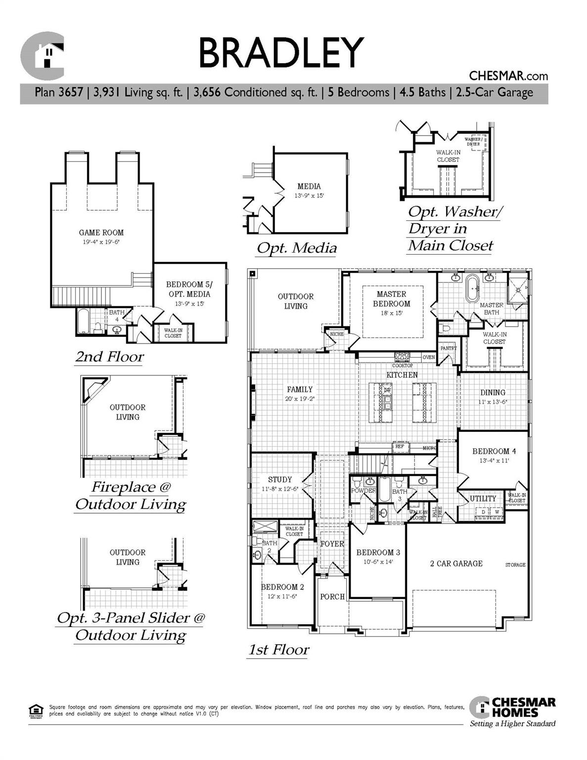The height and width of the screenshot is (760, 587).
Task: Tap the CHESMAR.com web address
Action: click(508, 76)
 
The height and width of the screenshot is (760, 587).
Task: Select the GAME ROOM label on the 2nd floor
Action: click(101, 233)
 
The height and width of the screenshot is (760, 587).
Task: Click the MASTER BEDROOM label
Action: click(391, 299)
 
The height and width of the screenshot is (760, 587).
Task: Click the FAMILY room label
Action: click(300, 389)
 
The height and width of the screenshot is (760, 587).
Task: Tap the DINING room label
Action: click(493, 392)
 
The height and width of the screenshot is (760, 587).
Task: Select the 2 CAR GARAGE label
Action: click(456, 564)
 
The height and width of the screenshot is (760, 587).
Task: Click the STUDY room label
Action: click(280, 479)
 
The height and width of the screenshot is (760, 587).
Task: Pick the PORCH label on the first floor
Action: click(332, 597)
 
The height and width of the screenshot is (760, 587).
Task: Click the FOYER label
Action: click(332, 544)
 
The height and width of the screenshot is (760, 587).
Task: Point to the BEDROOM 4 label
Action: click(494, 451)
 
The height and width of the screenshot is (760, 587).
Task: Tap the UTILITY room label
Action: click(483, 499)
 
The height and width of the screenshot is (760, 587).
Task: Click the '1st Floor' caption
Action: click(278, 650)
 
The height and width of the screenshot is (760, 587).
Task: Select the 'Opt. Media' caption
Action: click(297, 248)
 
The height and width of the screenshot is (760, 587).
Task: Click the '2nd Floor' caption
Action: click(109, 357)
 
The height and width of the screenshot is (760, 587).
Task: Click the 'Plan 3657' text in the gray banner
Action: click(58, 93)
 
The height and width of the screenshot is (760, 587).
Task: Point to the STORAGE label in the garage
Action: click(515, 565)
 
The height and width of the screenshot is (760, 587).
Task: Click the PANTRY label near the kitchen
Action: click(448, 348)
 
